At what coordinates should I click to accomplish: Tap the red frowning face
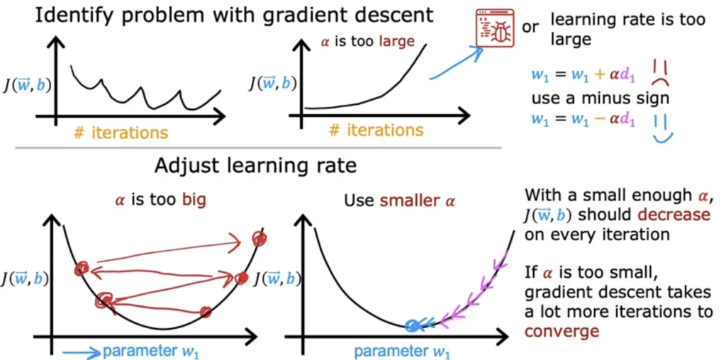[660, 70]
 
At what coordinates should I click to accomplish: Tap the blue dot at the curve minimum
[412, 326]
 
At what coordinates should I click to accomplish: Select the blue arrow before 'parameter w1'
[81, 350]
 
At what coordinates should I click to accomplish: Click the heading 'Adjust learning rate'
[256, 168]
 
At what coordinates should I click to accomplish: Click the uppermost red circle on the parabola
[259, 239]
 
